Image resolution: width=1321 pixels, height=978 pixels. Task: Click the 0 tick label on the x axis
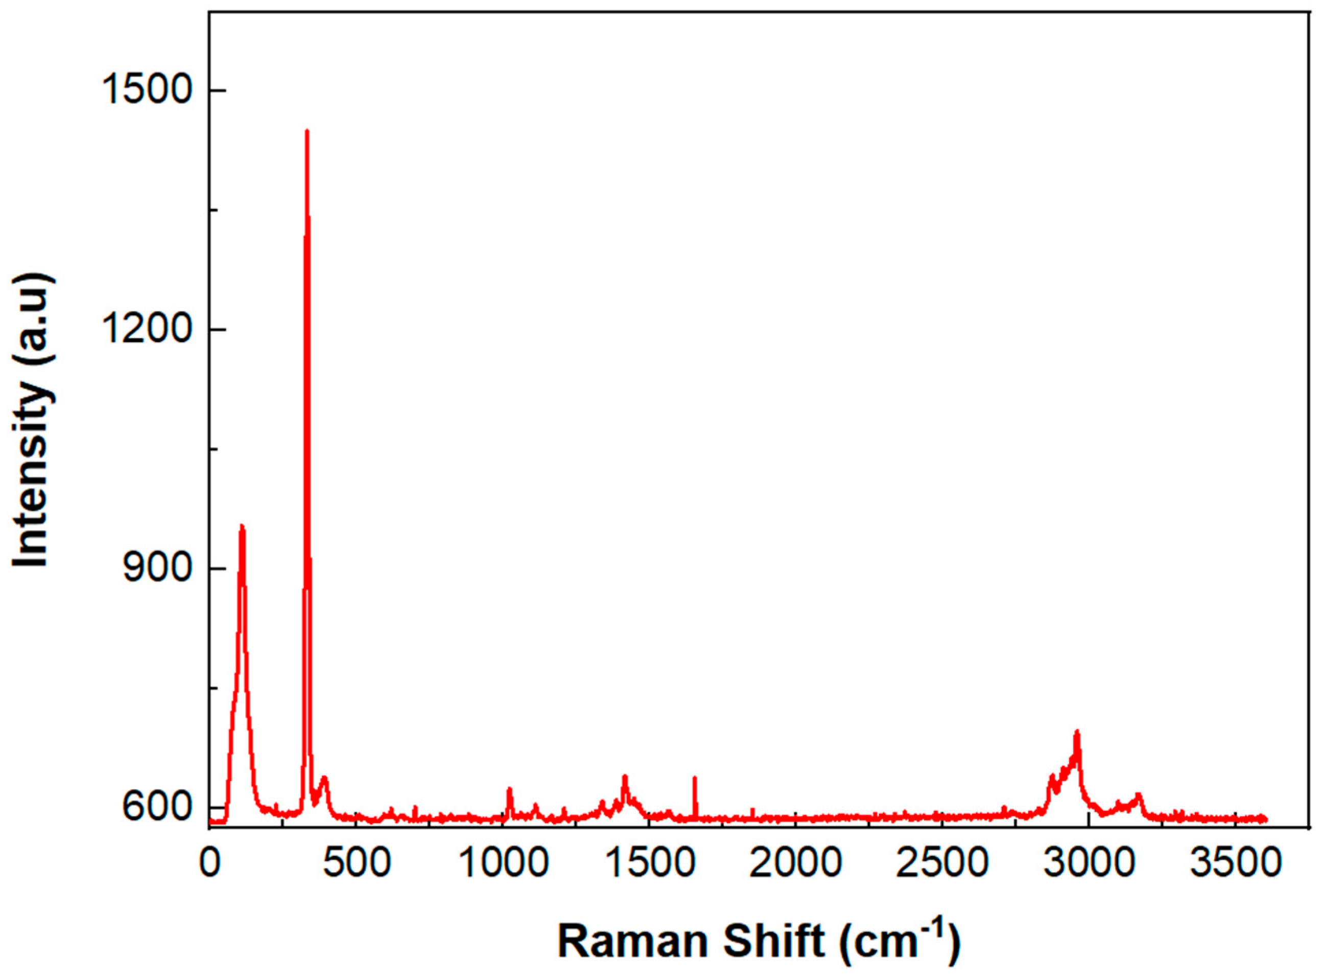210,864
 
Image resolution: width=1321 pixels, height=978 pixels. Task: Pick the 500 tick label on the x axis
356,864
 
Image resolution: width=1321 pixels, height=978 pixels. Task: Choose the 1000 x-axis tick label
502,864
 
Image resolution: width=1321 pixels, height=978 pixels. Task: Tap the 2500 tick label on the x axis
941,864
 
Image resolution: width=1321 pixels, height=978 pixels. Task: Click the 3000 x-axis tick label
1088,864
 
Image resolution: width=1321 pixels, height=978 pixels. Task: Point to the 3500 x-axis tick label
1235,864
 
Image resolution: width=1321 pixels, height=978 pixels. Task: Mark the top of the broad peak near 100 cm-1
241,526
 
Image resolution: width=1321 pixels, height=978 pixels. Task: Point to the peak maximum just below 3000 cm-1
1077,732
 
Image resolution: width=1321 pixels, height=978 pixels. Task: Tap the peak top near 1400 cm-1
624,776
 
